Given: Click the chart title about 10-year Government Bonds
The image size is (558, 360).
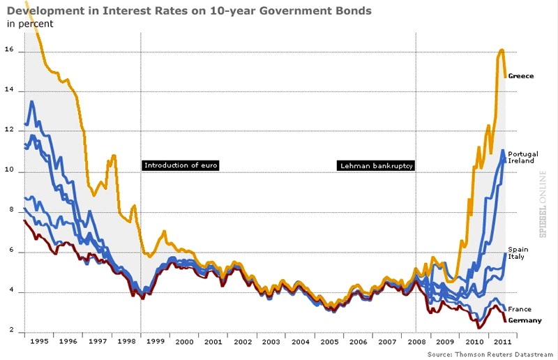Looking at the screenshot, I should [189, 11].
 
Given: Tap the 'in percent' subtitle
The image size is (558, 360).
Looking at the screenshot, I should [30, 24].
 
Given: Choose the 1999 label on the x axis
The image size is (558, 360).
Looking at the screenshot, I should [155, 342].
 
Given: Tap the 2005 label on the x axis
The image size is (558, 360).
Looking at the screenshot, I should [330, 342].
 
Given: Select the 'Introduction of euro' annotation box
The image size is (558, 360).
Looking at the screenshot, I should [181, 165].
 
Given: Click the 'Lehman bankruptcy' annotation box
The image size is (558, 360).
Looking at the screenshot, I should [376, 166].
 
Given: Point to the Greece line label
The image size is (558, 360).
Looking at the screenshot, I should [521, 75].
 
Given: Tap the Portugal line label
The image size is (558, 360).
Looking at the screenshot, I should [522, 153].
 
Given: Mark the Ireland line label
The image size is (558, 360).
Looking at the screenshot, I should [521, 160].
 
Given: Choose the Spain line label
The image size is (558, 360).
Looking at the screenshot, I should [518, 249].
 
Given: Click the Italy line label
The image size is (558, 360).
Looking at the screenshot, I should [517, 257].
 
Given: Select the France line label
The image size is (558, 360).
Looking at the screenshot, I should [520, 309].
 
